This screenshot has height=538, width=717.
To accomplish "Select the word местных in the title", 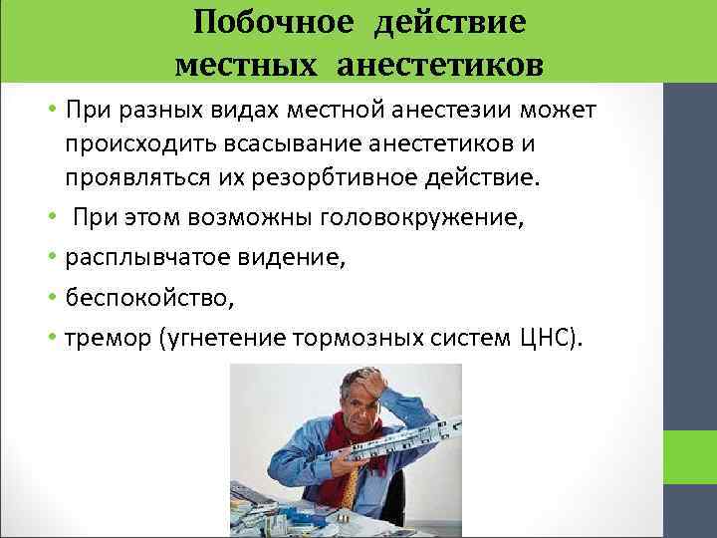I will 244,65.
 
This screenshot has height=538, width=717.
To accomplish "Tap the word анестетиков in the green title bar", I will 441,65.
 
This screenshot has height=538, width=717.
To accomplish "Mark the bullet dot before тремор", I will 55,339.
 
